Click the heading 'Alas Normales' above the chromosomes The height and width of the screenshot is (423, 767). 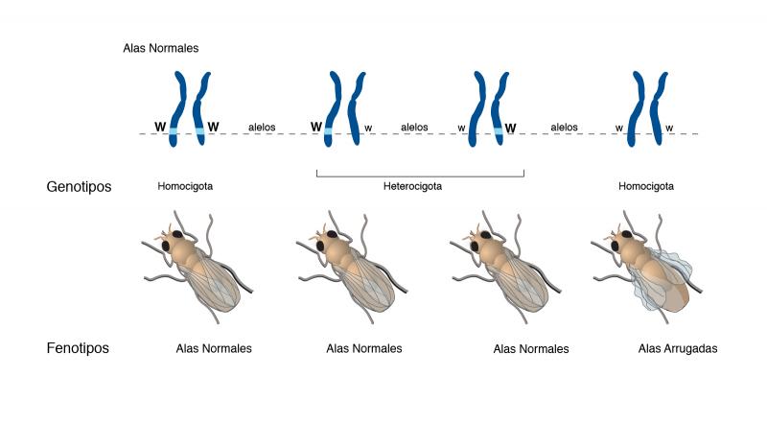pyautogui.click(x=161, y=48)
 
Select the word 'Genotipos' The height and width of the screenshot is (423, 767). pyautogui.click(x=79, y=186)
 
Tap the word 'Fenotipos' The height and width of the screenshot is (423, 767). pyautogui.click(x=78, y=348)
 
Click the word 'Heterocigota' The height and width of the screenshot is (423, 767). pyautogui.click(x=412, y=186)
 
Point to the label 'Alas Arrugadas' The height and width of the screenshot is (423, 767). pyautogui.click(x=678, y=348)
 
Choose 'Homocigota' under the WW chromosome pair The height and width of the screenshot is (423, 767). pyautogui.click(x=185, y=186)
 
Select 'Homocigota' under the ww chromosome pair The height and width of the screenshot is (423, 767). pyautogui.click(x=645, y=186)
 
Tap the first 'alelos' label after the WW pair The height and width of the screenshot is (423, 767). pyautogui.click(x=262, y=128)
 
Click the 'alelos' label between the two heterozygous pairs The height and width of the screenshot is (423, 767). pyautogui.click(x=414, y=128)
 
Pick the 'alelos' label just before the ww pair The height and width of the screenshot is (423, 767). pyautogui.click(x=564, y=128)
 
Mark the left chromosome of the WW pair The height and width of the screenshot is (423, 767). pyautogui.click(x=177, y=108)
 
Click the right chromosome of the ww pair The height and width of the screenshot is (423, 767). pyautogui.click(x=658, y=108)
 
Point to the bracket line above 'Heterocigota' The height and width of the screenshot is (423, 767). pyautogui.click(x=420, y=176)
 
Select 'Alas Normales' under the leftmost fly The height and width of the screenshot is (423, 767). pyautogui.click(x=214, y=348)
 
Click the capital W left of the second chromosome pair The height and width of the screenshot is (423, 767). pyautogui.click(x=316, y=128)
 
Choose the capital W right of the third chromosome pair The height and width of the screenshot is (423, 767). pyautogui.click(x=510, y=129)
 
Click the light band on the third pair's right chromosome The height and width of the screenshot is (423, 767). pyautogui.click(x=498, y=131)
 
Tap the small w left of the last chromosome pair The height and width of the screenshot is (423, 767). pyautogui.click(x=618, y=129)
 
